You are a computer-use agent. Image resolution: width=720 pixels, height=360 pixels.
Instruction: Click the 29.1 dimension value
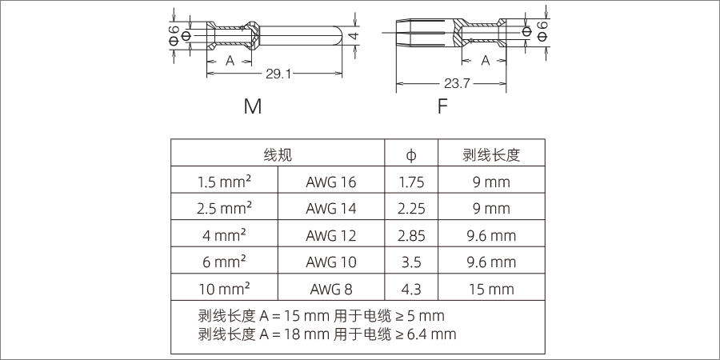[x=278, y=74]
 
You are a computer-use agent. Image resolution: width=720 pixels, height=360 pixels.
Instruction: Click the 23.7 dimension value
[x=456, y=82]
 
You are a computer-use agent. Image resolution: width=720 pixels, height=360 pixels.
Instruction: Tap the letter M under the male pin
[x=253, y=106]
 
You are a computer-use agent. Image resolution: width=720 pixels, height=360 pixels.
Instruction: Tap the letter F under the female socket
[x=442, y=106]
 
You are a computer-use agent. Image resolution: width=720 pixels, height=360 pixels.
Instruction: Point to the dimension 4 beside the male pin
[x=352, y=37]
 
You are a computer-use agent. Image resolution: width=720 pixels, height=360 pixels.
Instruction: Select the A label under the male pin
[x=230, y=60]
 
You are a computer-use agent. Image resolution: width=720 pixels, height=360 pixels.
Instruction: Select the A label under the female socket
[x=485, y=60]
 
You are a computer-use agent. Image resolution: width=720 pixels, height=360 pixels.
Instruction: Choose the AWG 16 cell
[x=330, y=182]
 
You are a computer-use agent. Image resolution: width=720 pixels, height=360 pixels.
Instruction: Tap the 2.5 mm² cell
[x=224, y=208]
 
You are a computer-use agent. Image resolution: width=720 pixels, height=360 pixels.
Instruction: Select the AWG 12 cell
[x=330, y=235]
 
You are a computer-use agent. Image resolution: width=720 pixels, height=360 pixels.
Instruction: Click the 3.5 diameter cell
[x=411, y=262]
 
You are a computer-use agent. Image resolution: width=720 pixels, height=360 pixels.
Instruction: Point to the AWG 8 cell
[x=330, y=289]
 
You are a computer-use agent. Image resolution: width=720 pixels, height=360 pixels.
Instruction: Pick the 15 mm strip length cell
[x=491, y=289]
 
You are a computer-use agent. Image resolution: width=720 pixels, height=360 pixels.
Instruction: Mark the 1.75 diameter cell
[x=411, y=182]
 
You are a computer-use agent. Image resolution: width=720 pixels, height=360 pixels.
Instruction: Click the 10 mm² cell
[x=224, y=289]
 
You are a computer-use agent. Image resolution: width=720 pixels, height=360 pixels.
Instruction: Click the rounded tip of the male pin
[x=339, y=37]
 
